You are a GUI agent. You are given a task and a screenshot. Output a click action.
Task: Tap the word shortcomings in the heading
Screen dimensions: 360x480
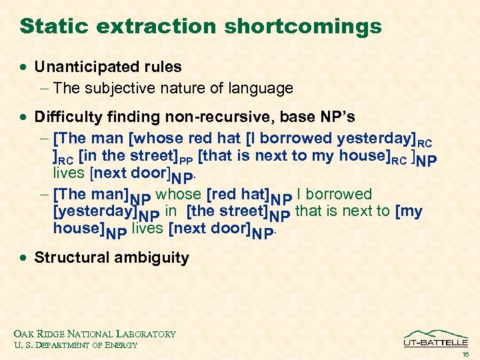point(303,26)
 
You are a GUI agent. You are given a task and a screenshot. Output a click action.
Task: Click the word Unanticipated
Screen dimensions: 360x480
point(83,67)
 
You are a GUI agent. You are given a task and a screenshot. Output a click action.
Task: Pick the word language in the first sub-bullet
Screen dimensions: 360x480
point(261,88)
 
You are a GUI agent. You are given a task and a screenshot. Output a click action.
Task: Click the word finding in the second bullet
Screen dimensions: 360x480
point(127,117)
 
